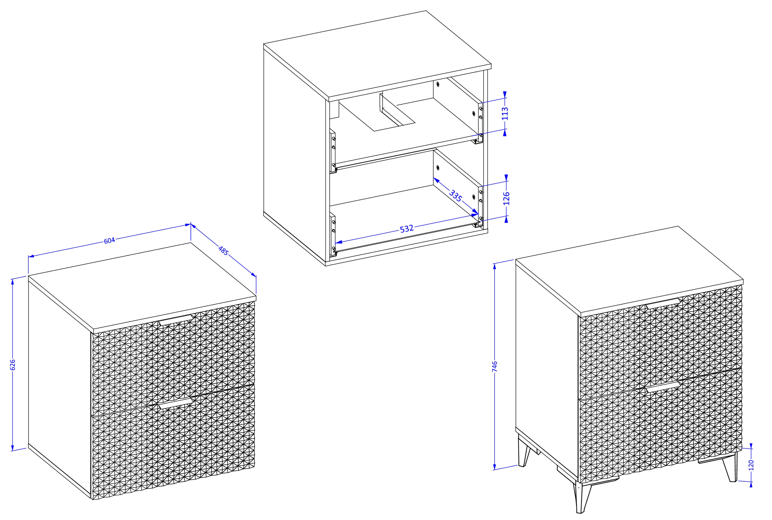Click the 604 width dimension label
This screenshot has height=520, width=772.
click(109, 240)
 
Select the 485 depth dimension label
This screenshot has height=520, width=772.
click(223, 251)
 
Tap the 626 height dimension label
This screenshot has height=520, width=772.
click(13, 365)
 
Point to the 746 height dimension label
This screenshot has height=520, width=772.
click(495, 367)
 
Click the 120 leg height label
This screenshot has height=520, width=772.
click(751, 465)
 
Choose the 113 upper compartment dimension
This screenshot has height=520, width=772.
click(505, 114)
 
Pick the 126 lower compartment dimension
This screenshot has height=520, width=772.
click(506, 198)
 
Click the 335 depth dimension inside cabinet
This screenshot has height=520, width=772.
click(456, 196)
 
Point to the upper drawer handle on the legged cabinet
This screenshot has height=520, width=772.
click(663, 304)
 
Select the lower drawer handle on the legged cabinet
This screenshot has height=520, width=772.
click(663, 387)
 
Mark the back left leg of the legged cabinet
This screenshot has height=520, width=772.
click(524, 454)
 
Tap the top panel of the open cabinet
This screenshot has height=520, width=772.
click(377, 55)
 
